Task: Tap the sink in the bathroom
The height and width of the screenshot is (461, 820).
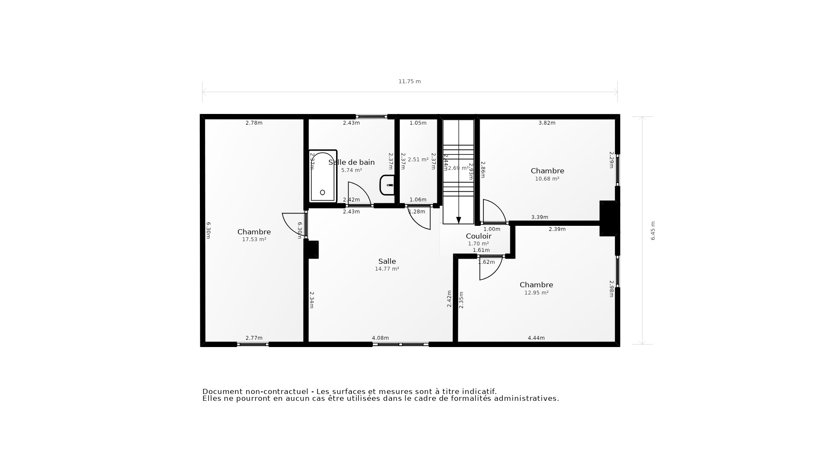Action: [387, 185]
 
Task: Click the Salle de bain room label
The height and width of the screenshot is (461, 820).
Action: [351, 162]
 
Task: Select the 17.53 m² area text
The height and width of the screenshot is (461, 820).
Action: [254, 239]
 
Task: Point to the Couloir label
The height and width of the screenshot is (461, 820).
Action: [478, 236]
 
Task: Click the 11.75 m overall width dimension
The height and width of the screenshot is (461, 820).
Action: [410, 82]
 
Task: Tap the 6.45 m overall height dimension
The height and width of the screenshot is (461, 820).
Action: [653, 230]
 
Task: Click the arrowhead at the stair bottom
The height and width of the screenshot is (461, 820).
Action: [459, 220]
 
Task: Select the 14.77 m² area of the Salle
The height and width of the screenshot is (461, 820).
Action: [387, 269]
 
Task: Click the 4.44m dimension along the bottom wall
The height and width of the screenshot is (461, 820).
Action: [536, 338]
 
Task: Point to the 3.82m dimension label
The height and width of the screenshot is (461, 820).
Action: [547, 123]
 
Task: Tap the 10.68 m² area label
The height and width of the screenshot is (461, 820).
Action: [547, 179]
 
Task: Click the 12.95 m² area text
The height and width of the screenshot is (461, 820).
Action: [536, 293]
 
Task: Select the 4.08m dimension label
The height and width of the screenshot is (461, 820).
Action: [380, 338]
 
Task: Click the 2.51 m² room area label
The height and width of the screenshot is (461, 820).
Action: [418, 160]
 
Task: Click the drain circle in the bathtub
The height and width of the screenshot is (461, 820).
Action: [322, 193]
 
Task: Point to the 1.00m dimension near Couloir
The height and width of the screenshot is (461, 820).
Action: [492, 229]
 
